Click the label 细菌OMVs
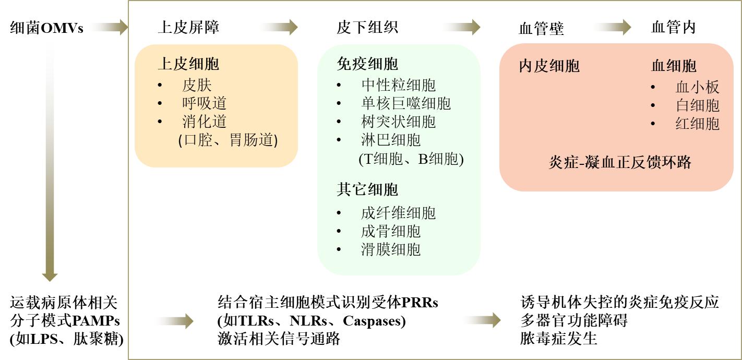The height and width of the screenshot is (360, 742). pyautogui.click(x=46, y=28)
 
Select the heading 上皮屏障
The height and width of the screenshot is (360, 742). pyautogui.click(x=188, y=27)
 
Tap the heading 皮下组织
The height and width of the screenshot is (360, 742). pyautogui.click(x=367, y=27)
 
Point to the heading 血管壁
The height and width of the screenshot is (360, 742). pyautogui.click(x=541, y=28)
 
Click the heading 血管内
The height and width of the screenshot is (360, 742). pyautogui.click(x=673, y=27)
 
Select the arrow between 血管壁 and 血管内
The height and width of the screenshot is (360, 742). pyautogui.click(x=612, y=27)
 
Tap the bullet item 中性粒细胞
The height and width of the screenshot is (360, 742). pyautogui.click(x=398, y=85)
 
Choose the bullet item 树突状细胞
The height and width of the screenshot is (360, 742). pyautogui.click(x=398, y=122)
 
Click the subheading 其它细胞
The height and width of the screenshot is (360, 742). pyautogui.click(x=367, y=189)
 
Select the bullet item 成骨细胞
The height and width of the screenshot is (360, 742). pyautogui.click(x=390, y=231)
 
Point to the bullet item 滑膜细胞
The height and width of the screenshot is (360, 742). pyautogui.click(x=390, y=249)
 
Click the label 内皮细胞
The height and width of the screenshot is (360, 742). pyautogui.click(x=549, y=66)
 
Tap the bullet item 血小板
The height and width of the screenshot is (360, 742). pyautogui.click(x=697, y=87)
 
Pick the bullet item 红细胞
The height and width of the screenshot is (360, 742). pyautogui.click(x=697, y=124)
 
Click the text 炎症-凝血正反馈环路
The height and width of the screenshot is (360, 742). pyautogui.click(x=619, y=162)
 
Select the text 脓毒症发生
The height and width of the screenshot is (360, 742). pyautogui.click(x=558, y=339)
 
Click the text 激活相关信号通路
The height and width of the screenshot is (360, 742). pyautogui.click(x=279, y=339)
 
